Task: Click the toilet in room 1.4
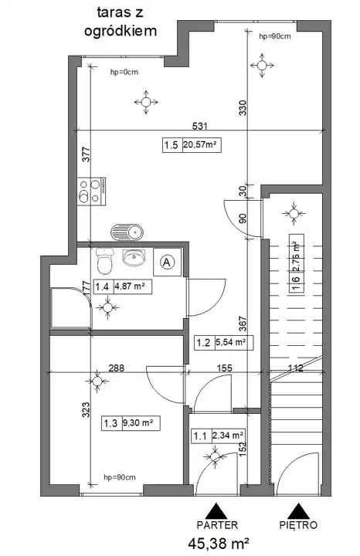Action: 104,261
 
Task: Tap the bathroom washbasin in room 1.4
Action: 134,257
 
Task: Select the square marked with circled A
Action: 167,263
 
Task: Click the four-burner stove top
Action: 92,192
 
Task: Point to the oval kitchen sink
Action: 127,232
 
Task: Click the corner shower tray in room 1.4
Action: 71,308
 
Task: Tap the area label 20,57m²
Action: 200,144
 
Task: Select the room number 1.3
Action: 110,423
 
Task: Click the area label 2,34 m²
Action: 228,436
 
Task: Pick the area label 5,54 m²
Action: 231,343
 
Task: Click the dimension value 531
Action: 199,126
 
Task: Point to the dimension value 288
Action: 117,368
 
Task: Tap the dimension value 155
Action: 224,368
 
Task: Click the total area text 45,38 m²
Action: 218,543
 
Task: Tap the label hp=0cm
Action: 124,72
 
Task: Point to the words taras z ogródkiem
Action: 121,22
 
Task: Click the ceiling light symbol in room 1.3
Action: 97,381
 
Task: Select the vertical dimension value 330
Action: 243,108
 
